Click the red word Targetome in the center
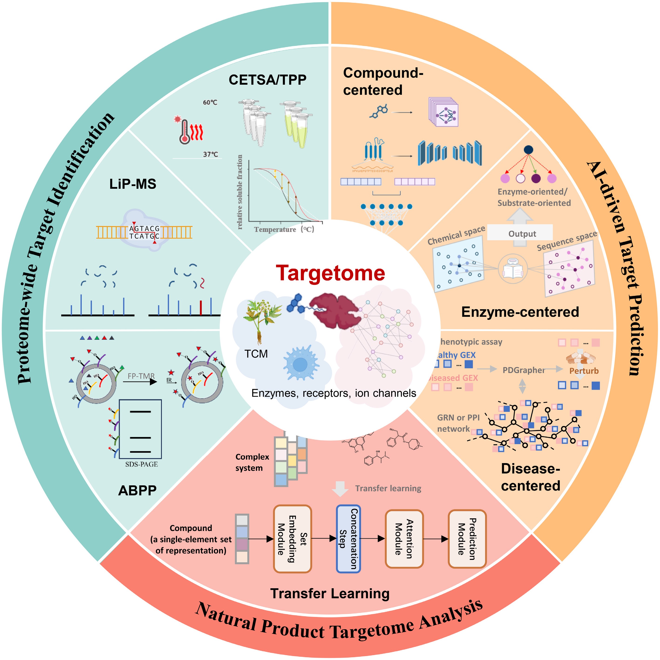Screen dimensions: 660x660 click(330, 273)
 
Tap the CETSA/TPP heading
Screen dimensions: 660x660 click(267, 80)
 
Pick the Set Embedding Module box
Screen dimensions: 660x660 click(292, 538)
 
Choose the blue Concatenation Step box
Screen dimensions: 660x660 click(349, 538)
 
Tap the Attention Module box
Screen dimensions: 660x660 click(404, 538)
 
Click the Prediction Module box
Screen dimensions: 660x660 click(467, 538)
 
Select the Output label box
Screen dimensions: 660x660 click(522, 234)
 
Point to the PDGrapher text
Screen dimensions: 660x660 click(523, 370)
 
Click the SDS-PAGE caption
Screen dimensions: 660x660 click(142, 464)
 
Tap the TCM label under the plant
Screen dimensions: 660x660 click(256, 354)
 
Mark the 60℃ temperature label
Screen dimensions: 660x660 click(210, 102)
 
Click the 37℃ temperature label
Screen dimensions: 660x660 click(210, 154)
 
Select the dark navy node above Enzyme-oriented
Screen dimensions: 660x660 click(528, 150)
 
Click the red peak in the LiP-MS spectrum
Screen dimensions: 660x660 click(201, 307)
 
